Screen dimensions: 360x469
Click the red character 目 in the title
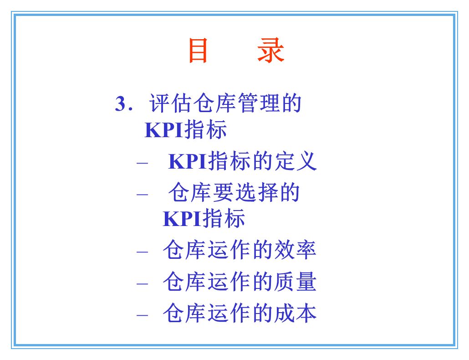point(199,51)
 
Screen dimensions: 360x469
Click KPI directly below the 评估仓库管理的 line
point(163,130)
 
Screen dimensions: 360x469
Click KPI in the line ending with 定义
point(187,162)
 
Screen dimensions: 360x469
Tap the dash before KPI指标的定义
point(142,163)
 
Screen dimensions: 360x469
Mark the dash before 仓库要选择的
point(142,194)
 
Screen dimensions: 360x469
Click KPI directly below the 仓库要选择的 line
point(182,219)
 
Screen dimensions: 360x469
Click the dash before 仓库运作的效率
point(142,252)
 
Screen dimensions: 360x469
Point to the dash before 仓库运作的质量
point(142,283)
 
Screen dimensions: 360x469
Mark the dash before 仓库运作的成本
point(142,315)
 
